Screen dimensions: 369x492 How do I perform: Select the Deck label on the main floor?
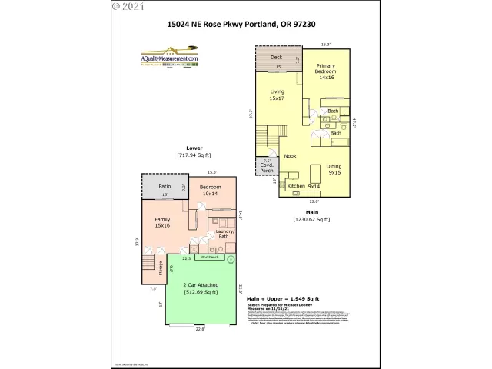[x=276, y=58]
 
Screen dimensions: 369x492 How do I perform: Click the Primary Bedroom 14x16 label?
[x=326, y=71]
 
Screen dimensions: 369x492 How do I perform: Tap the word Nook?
[x=290, y=156]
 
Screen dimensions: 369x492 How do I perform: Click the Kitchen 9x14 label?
[x=303, y=186]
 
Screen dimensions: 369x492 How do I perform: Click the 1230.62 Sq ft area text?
[x=311, y=220]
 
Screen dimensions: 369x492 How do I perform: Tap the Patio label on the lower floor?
[x=164, y=187]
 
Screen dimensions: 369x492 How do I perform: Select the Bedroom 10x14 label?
[x=211, y=191]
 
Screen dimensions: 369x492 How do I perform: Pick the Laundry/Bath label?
[x=224, y=234]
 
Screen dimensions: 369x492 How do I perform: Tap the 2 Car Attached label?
[x=199, y=284]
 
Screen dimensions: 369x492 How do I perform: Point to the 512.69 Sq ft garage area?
[x=199, y=292]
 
